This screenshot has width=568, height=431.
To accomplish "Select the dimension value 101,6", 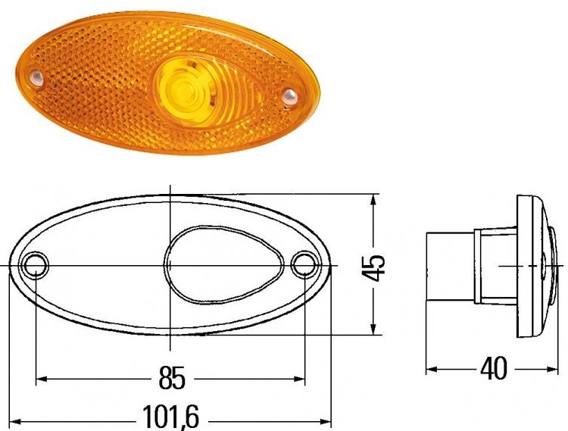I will (x=173, y=417).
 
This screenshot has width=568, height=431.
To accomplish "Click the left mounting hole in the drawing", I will (x=36, y=266).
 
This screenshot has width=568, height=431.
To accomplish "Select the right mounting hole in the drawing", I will (x=304, y=266).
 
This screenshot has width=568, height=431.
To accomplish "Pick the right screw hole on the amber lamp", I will (x=288, y=95).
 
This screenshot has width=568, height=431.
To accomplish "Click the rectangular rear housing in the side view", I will (x=450, y=266).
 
